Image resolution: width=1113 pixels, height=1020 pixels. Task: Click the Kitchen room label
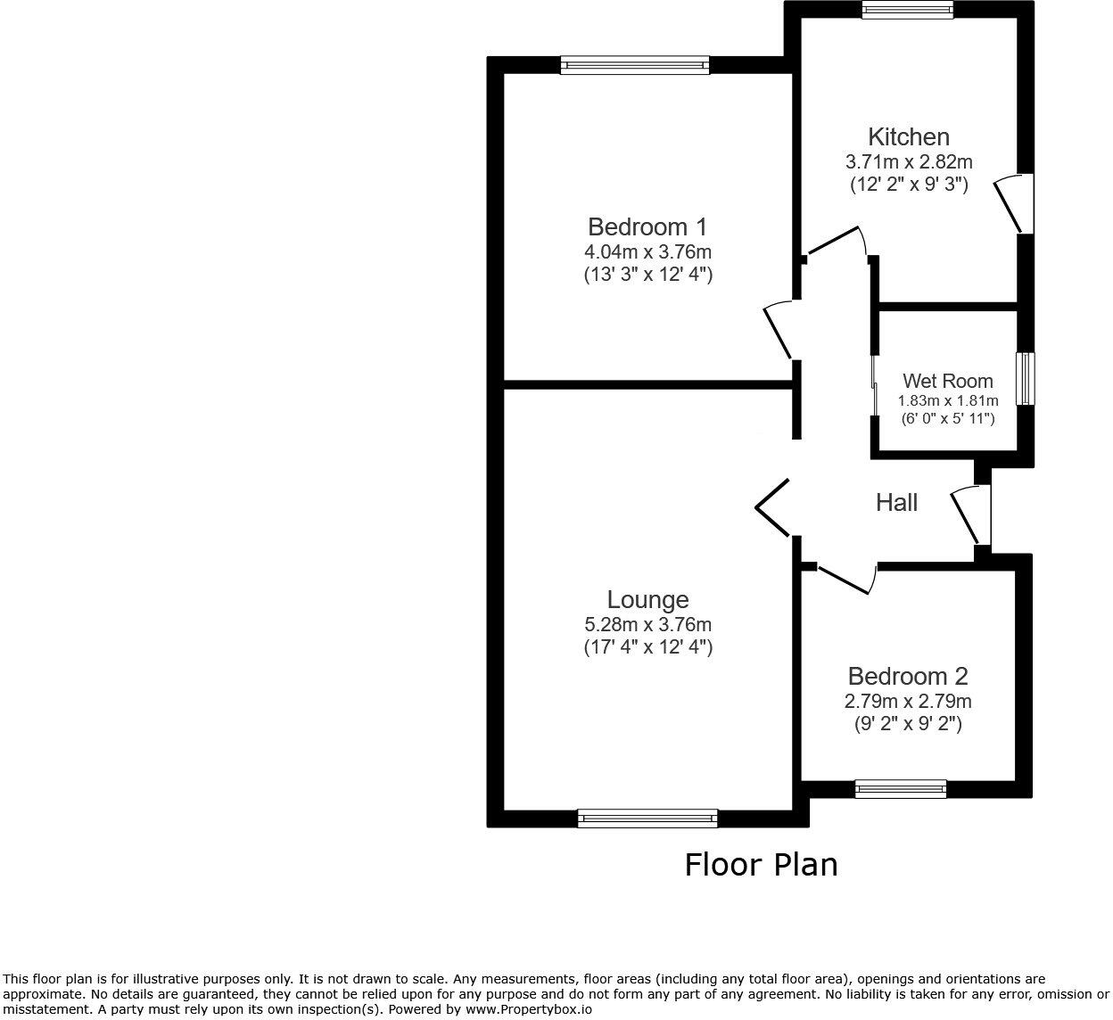tap(908, 137)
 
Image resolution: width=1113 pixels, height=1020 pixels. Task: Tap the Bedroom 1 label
tap(647, 226)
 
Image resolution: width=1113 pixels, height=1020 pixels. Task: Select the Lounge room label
tap(647, 600)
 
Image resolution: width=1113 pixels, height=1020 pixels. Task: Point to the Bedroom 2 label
tap(908, 677)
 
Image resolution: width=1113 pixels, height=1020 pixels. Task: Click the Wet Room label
tap(947, 382)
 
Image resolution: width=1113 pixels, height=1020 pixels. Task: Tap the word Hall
tap(896, 503)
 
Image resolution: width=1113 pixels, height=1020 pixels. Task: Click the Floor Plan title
tap(761, 865)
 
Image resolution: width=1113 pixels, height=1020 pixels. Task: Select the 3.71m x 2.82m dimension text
tap(908, 162)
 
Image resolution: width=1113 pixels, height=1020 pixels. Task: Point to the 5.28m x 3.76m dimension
tap(647, 625)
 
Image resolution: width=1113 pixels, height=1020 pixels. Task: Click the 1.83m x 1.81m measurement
tap(947, 401)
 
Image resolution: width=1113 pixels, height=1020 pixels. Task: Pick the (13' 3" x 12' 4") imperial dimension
tap(647, 275)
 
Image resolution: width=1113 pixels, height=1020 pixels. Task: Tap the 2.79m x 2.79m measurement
tap(908, 701)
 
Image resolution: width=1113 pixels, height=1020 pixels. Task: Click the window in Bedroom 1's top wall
tap(635, 64)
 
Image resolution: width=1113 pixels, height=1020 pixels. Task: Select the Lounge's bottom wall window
tap(647, 818)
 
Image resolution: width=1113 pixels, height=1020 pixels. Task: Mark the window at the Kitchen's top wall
tap(907, 9)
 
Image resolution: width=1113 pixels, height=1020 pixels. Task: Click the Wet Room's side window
tap(1026, 379)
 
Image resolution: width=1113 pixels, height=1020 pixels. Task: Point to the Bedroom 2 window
tap(900, 788)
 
